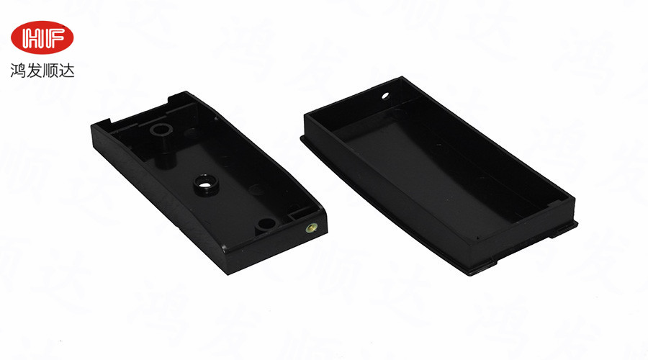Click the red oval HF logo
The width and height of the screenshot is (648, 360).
tap(42, 37)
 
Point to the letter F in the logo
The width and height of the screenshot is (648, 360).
tap(54, 38)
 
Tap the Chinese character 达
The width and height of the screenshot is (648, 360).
tap(67, 71)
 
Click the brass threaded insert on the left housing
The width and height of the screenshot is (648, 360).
tap(312, 228)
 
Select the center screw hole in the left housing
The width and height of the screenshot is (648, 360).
tap(206, 185)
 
